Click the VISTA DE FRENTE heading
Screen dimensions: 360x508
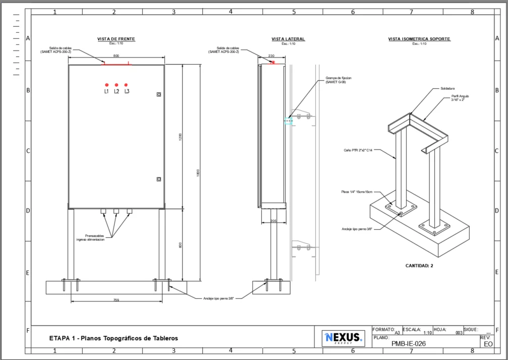pos(116,39)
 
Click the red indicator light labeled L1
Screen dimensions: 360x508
pos(106,85)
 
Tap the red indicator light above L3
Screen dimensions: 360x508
pos(126,85)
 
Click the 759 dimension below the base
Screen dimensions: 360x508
pos(116,300)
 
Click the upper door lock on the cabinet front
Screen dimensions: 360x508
pos(159,94)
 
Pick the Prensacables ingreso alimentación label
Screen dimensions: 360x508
pos(91,238)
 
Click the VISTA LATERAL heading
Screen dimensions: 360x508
pos(288,39)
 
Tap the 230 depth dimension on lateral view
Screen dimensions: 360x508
pos(271,56)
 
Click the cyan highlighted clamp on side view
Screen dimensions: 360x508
pos(288,121)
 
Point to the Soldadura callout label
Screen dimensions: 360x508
pos(447,88)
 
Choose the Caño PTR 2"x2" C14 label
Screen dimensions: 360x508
pos(358,150)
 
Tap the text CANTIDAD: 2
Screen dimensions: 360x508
pos(419,266)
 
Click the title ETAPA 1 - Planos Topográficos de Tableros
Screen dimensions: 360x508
pos(114,338)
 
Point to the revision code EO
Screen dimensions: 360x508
pos(487,344)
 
